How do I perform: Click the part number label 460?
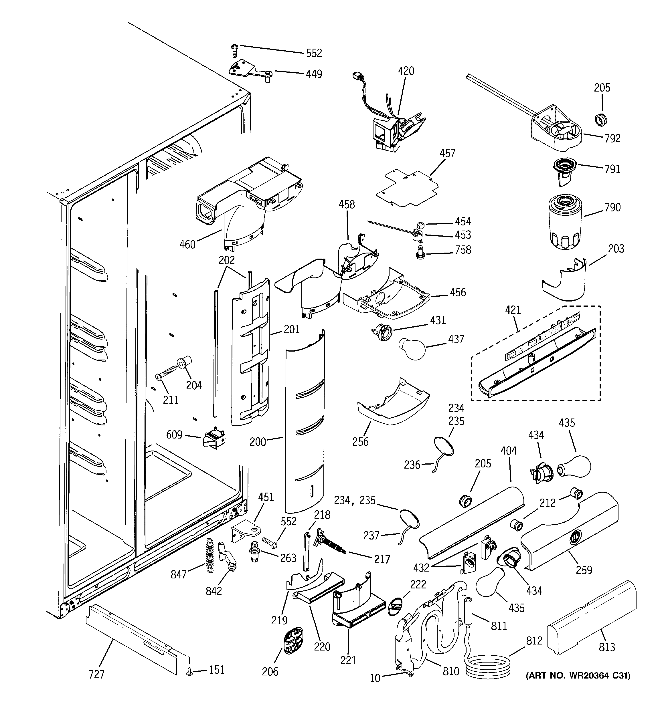pyautogui.click(x=187, y=245)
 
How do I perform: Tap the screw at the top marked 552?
pyautogui.click(x=234, y=51)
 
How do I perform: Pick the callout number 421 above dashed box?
pyautogui.click(x=513, y=310)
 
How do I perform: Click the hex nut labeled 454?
pyautogui.click(x=420, y=225)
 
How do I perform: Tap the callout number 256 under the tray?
pyautogui.click(x=360, y=442)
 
